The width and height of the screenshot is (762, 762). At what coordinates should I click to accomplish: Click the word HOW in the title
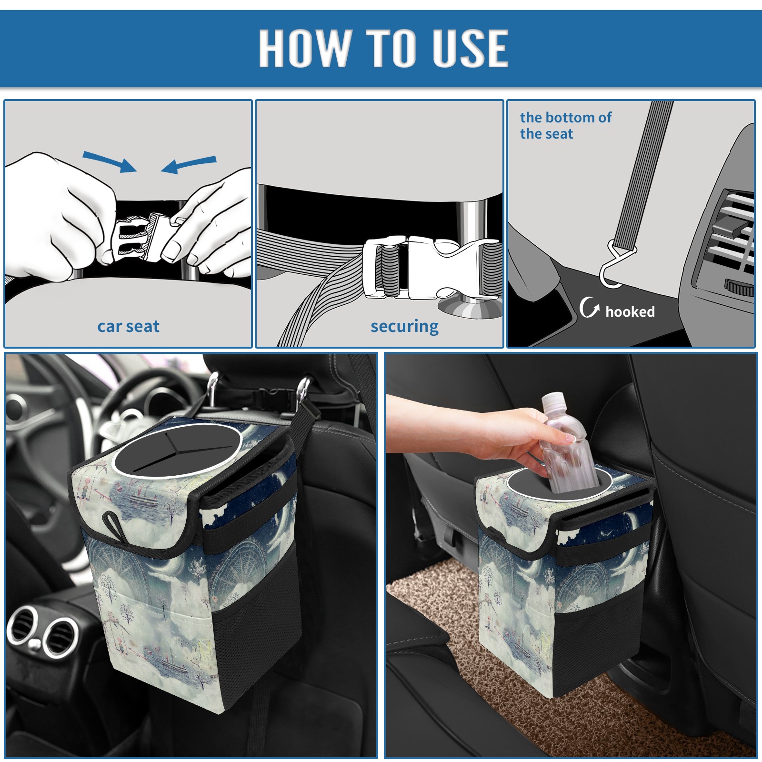point(304,48)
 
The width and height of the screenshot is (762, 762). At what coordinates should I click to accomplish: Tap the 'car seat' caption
point(128,326)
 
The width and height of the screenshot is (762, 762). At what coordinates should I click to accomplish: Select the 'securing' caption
point(404,326)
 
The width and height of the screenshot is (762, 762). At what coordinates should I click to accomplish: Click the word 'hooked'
point(630,311)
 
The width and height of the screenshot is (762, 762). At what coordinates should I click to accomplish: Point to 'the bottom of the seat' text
point(565,125)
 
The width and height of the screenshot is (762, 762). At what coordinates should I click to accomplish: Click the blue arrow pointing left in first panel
point(189,165)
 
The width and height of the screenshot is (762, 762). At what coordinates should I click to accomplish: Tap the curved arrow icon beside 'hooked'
point(589,307)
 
